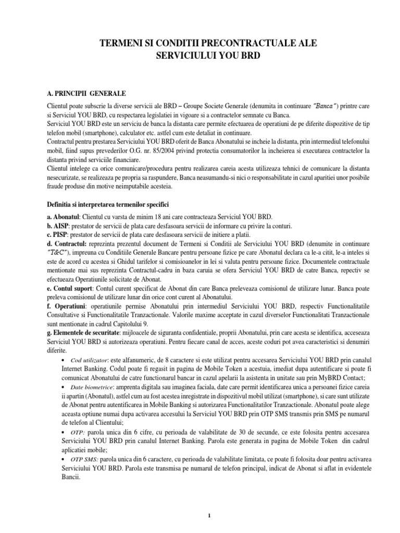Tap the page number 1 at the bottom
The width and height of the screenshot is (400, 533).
point(209,516)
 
